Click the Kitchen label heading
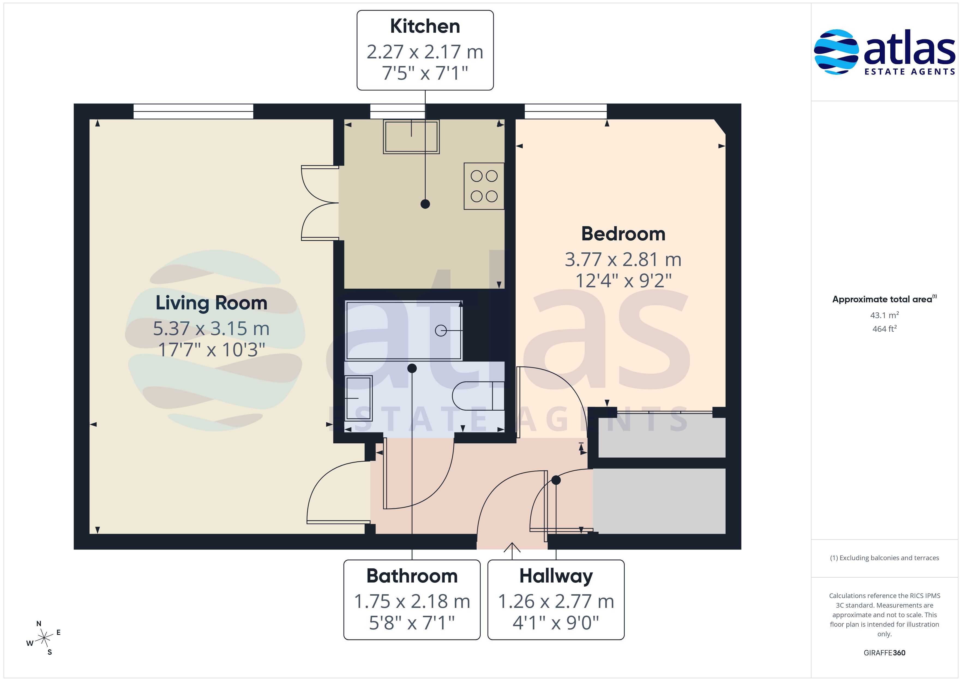pyautogui.click(x=425, y=26)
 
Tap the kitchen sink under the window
pyautogui.click(x=411, y=137)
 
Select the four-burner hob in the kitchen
pyautogui.click(x=484, y=186)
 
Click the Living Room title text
pyautogui.click(x=211, y=303)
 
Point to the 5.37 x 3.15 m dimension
pyautogui.click(x=211, y=328)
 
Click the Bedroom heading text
pyautogui.click(x=623, y=234)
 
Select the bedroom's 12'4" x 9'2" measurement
pyautogui.click(x=623, y=280)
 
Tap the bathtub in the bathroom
pyautogui.click(x=404, y=330)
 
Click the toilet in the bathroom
pyautogui.click(x=478, y=395)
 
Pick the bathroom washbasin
pyautogui.click(x=359, y=398)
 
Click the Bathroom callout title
pyautogui.click(x=412, y=576)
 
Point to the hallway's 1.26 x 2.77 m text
pyautogui.click(x=556, y=601)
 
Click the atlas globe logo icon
pyautogui.click(x=836, y=52)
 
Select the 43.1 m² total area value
pyautogui.click(x=885, y=315)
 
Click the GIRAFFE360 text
pyautogui.click(x=885, y=653)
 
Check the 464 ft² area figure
pyautogui.click(x=885, y=329)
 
